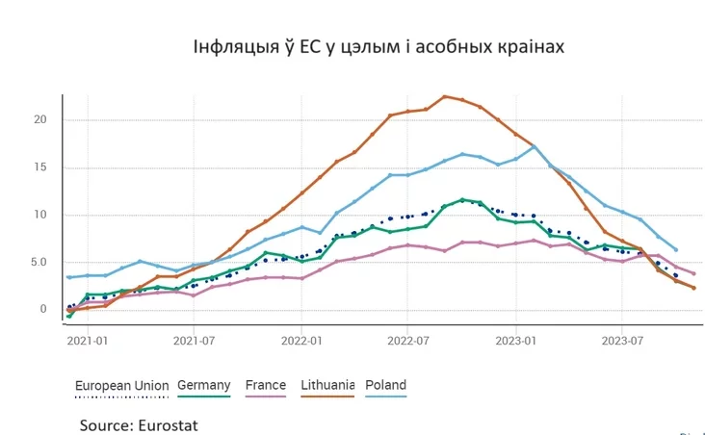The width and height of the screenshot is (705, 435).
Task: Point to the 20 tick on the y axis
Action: coord(39,119)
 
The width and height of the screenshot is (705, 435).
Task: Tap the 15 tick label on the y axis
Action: coord(39,167)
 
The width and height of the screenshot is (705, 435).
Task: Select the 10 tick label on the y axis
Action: coord(39,215)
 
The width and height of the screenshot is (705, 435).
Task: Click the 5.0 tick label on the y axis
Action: coord(36,262)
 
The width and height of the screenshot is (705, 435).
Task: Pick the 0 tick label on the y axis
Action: coord(42,309)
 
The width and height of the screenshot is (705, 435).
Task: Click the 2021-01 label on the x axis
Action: coord(89,341)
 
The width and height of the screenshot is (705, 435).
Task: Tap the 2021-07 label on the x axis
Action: coord(196,341)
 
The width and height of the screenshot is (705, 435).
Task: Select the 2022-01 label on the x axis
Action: coord(302,341)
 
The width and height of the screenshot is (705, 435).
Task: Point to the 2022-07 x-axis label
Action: coord(409,341)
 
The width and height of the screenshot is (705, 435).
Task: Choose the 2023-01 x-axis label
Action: coord(516,341)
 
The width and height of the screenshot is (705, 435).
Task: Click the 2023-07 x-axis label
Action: coord(623,341)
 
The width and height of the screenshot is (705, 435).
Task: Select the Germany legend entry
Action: coord(203,385)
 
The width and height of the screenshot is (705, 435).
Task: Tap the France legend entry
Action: coord(266,385)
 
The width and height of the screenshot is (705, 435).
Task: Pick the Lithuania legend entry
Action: coord(327,385)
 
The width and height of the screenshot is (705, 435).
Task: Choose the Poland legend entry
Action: coord(386,385)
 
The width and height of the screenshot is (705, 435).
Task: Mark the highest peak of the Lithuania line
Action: coord(444,96)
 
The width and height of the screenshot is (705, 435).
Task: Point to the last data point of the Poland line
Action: coord(675,249)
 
